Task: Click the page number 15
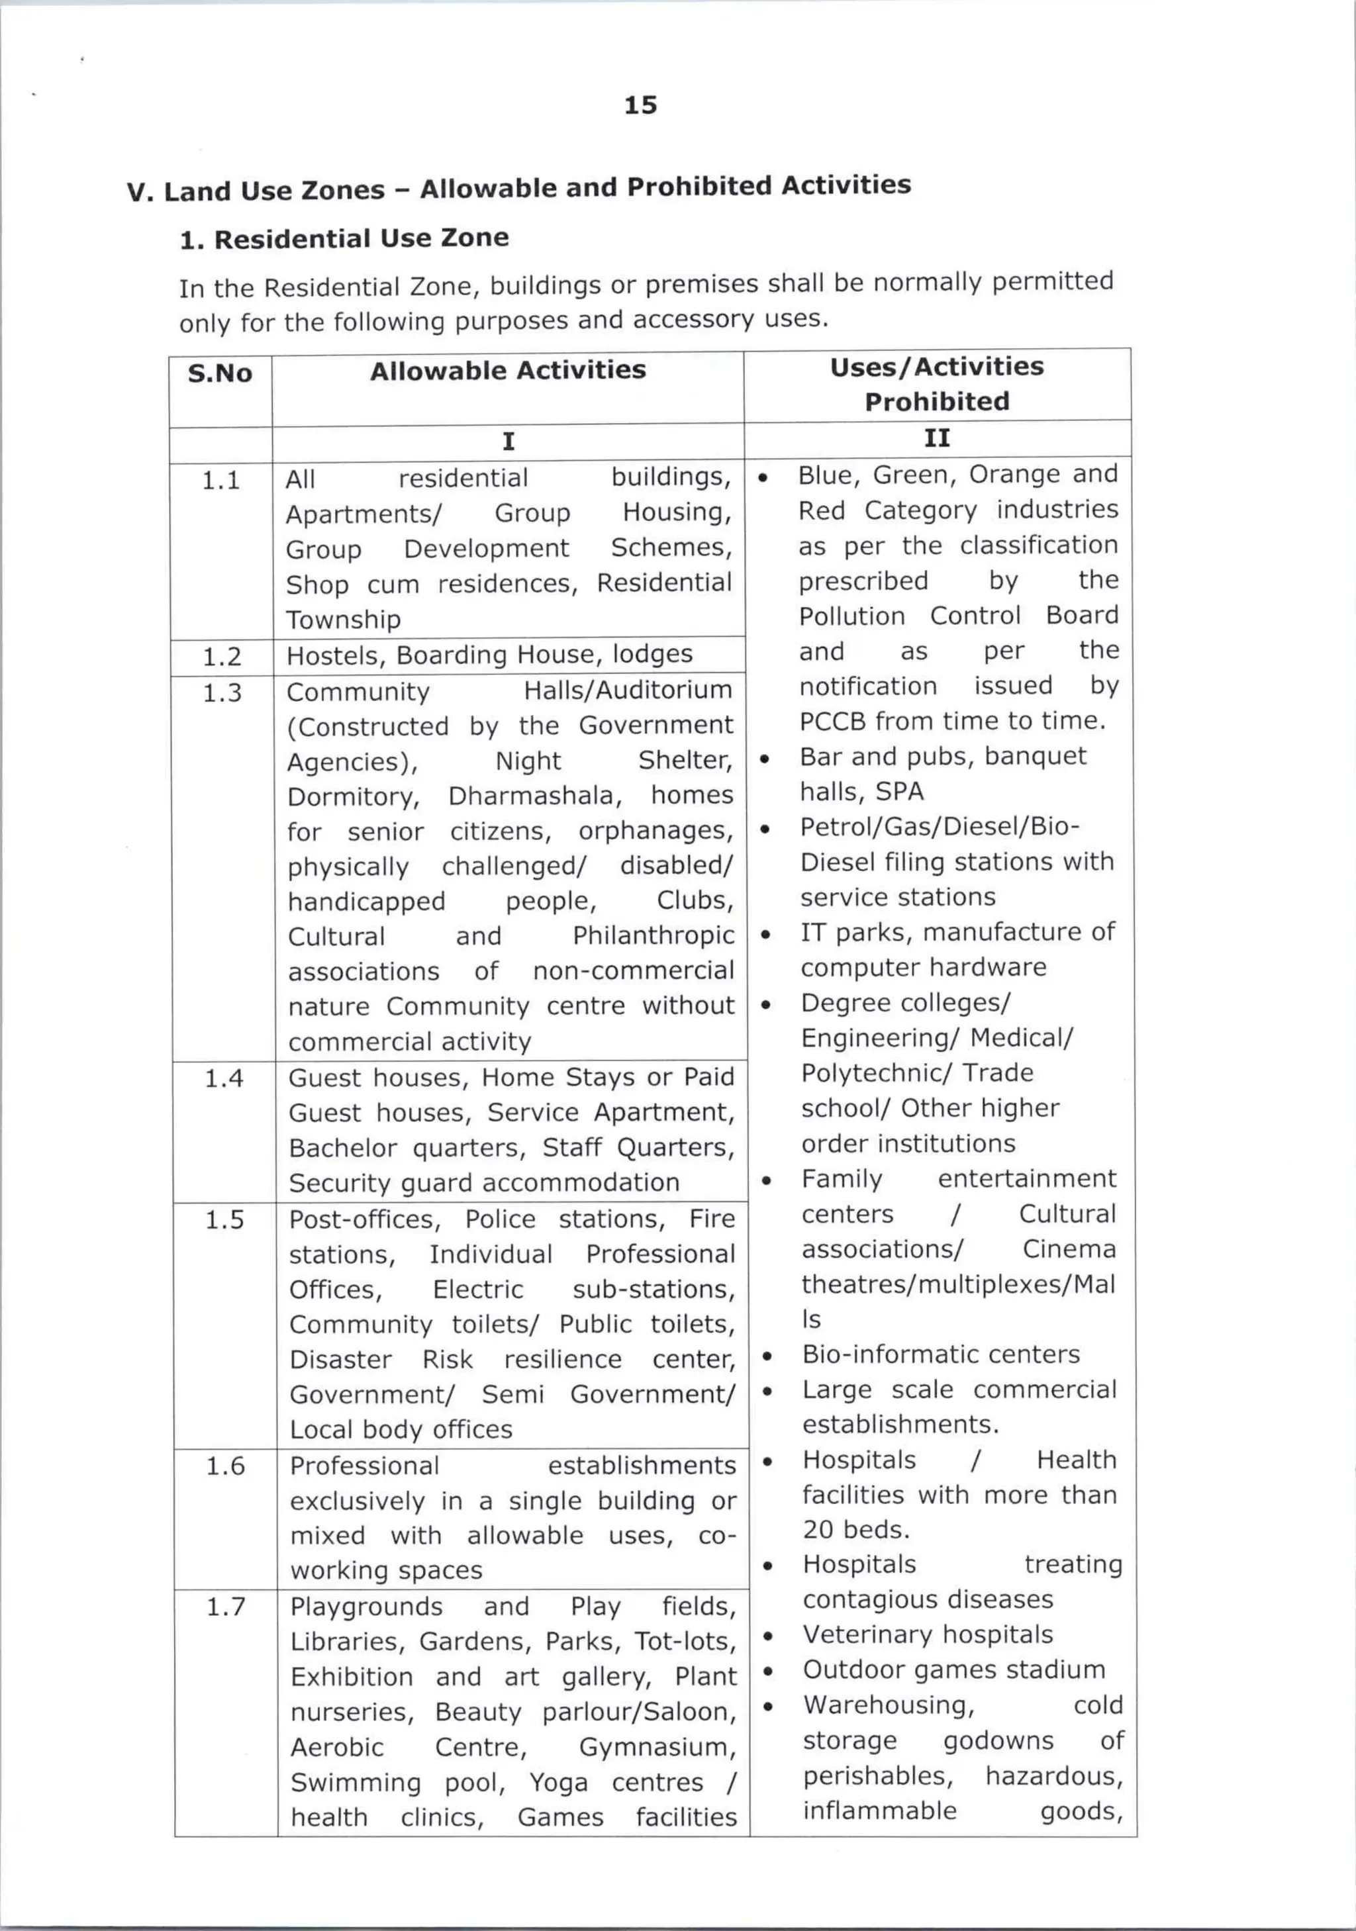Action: click(x=640, y=105)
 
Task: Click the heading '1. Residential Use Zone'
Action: click(x=344, y=239)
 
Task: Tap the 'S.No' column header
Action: click(x=220, y=373)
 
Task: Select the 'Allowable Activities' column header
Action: click(x=507, y=370)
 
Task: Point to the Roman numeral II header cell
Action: click(x=936, y=438)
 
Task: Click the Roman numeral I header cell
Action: click(x=508, y=442)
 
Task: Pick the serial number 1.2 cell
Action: click(x=222, y=656)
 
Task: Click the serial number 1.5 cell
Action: click(x=224, y=1219)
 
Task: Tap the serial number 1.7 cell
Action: click(x=225, y=1607)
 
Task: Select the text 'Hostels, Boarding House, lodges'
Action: click(x=489, y=654)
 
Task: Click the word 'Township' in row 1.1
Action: click(x=343, y=620)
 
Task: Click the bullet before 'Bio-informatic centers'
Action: click(x=767, y=1356)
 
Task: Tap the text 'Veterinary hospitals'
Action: click(x=927, y=1634)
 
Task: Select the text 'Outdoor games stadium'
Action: click(x=953, y=1670)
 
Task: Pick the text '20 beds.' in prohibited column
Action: click(x=855, y=1529)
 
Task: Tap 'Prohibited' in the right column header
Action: click(x=936, y=401)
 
